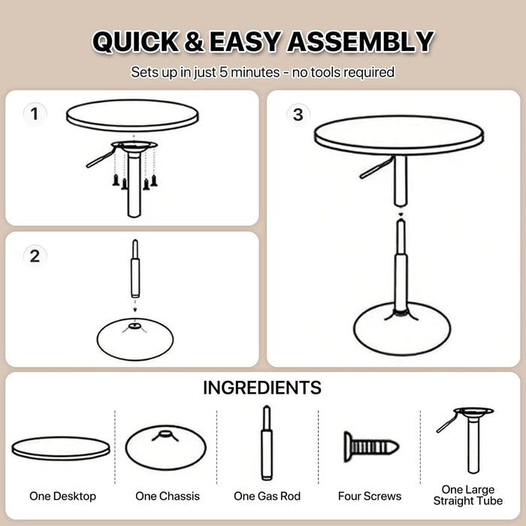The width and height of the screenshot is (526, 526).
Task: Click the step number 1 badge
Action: pos(35,114)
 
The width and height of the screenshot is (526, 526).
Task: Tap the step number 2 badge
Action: pos(35,255)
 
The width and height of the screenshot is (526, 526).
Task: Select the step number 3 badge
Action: pos(298,114)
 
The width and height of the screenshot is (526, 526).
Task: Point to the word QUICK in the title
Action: pos(134,42)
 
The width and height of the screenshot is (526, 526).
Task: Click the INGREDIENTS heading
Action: pos(262,388)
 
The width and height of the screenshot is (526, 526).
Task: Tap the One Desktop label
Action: pos(62,496)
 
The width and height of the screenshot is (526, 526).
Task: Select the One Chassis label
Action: pos(168,496)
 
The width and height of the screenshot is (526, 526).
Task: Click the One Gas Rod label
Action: pos(267,496)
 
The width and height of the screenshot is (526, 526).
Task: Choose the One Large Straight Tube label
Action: pos(469,495)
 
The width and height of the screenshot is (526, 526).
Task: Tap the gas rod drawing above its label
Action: pos(267,443)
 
